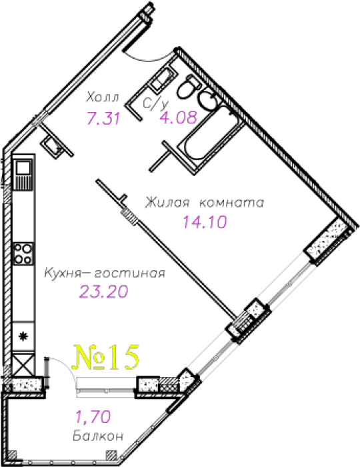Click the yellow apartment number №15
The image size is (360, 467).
point(106,358)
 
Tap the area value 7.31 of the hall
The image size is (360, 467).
point(103,118)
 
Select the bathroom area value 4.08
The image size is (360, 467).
point(179,117)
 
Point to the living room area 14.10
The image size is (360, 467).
point(205,221)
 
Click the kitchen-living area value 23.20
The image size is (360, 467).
point(104,292)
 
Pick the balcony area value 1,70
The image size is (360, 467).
point(93,416)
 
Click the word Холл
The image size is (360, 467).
point(103,97)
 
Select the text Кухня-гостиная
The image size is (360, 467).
point(105,273)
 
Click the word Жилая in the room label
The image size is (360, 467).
point(167,203)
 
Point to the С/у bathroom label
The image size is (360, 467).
point(155,103)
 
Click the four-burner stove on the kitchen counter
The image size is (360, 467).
point(23,254)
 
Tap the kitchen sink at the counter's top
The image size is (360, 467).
point(23,175)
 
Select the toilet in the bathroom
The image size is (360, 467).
point(188,87)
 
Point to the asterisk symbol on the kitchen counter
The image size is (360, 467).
point(23,336)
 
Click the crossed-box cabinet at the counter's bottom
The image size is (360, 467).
point(24,364)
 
